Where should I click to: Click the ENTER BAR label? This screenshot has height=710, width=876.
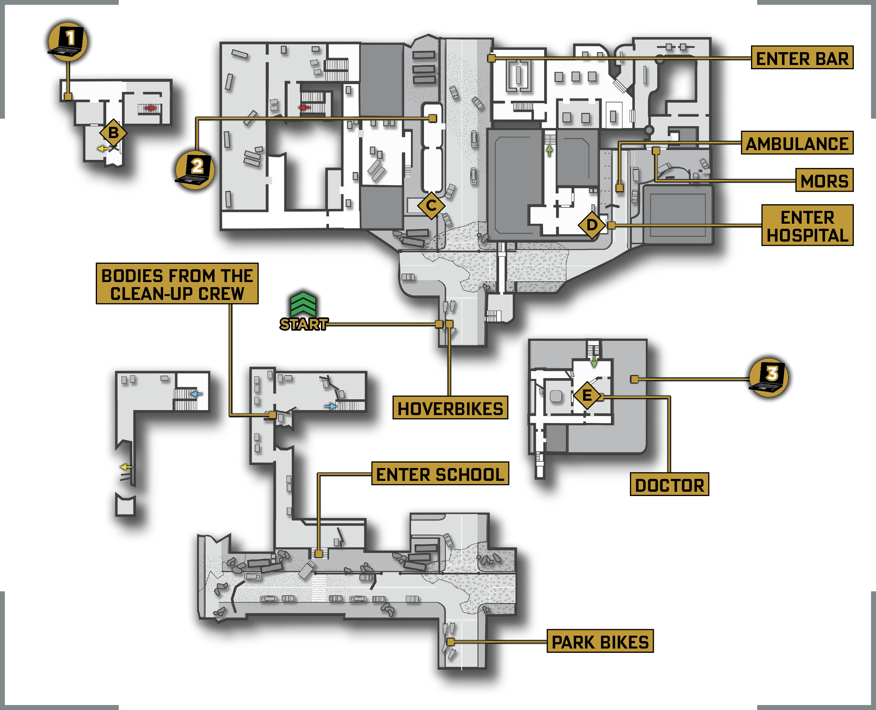coord(802,58)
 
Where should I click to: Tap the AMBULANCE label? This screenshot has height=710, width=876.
coord(797,143)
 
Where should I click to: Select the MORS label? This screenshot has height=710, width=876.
coord(825,180)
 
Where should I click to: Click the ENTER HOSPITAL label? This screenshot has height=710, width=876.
coord(807,225)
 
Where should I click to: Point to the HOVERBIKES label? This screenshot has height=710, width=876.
coord(450,408)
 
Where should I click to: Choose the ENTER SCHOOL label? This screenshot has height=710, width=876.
coord(440,473)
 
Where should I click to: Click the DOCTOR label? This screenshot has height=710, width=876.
coord(669,484)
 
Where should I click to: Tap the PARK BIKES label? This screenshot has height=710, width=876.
coord(600,641)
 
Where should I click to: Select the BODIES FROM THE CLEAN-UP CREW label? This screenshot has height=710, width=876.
coord(177,284)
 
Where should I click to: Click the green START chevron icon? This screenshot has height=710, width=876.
coord(303,304)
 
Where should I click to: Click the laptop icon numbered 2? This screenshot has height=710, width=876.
coord(195,170)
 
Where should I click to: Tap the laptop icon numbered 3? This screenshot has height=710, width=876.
coord(768,377)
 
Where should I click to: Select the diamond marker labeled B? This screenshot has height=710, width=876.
coord(113,133)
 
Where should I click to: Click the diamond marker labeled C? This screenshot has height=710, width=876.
coord(431,205)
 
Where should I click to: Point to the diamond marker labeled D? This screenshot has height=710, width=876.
coord(592,225)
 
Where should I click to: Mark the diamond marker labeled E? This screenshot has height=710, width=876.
coord(587,396)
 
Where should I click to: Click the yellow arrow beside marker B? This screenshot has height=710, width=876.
coord(103,149)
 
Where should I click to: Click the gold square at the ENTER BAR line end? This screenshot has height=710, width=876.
coord(492,58)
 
